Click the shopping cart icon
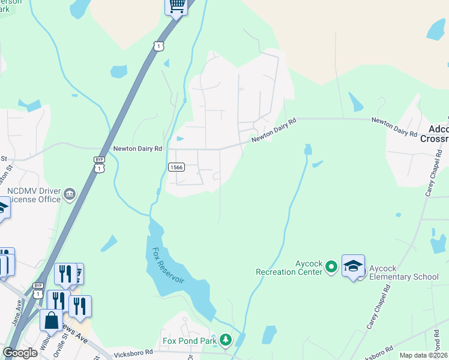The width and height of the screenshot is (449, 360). pos(176,7)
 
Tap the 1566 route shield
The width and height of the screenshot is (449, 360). pos(176,167)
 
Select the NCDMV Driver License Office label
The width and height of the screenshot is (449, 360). pos(33,195)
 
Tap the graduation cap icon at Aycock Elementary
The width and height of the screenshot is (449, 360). pos(353,266)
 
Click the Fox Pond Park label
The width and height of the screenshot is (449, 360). pos(189,341)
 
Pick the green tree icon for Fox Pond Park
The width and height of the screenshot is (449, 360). pos(225,341)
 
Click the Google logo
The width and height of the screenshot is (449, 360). pos(20,353)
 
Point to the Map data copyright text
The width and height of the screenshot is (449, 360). pos(423,355)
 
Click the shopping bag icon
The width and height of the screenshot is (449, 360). pos(51,319)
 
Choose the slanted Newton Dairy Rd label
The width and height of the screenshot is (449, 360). pos(274,130)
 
